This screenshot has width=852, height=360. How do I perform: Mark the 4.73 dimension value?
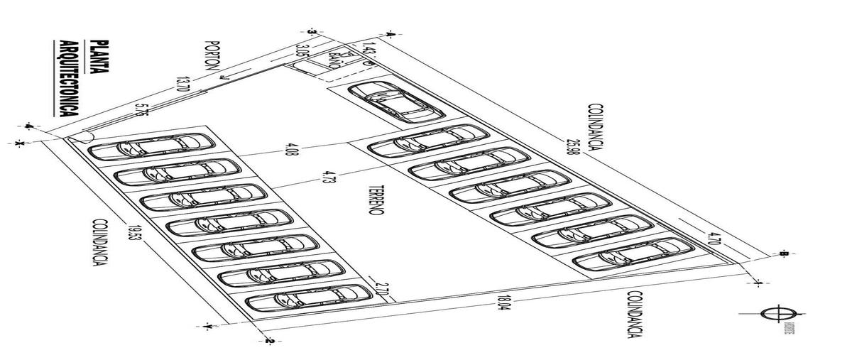[x=328, y=175]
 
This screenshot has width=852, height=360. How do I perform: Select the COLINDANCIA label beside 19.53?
[x=99, y=241]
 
